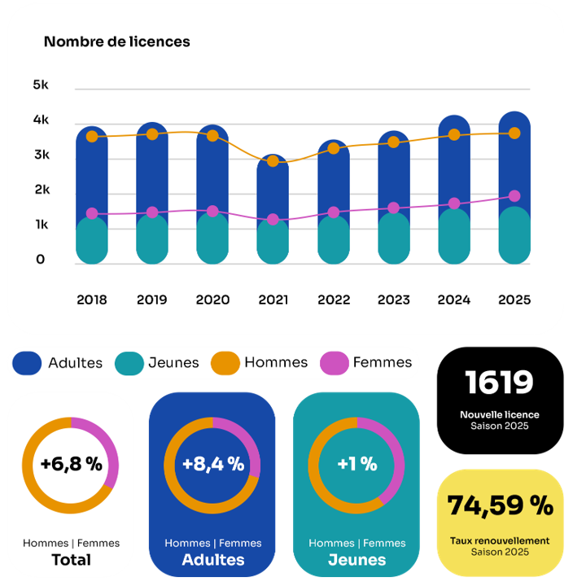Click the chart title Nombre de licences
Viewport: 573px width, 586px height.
pyautogui.click(x=116, y=42)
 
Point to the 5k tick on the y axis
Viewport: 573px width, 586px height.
pyautogui.click(x=41, y=85)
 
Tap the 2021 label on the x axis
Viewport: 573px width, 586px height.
pyautogui.click(x=273, y=300)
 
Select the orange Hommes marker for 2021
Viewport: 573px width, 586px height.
pyautogui.click(x=273, y=161)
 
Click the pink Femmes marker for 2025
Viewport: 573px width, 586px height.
pyautogui.click(x=514, y=196)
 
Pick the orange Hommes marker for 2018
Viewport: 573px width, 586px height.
pyautogui.click(x=92, y=136)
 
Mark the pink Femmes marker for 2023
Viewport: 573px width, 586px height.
pyautogui.click(x=394, y=208)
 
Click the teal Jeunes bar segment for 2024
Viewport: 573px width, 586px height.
pyautogui.click(x=454, y=236)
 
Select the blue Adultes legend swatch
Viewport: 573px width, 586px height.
pyautogui.click(x=28, y=363)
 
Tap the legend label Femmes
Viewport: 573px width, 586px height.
pyautogui.click(x=383, y=362)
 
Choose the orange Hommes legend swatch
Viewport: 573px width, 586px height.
pyautogui.click(x=225, y=363)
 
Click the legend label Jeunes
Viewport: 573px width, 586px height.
pyautogui.click(x=173, y=362)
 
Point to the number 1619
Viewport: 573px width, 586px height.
pyautogui.click(x=499, y=383)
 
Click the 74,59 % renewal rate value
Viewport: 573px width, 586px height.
pyautogui.click(x=500, y=506)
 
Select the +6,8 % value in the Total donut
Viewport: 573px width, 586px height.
pyautogui.click(x=71, y=465)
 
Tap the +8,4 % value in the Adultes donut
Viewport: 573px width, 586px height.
pyautogui.click(x=212, y=465)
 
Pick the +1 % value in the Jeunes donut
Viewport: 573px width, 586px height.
pyautogui.click(x=356, y=465)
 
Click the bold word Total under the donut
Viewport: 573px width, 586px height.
pyautogui.click(x=71, y=560)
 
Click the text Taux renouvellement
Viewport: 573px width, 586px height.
pyautogui.click(x=500, y=540)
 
